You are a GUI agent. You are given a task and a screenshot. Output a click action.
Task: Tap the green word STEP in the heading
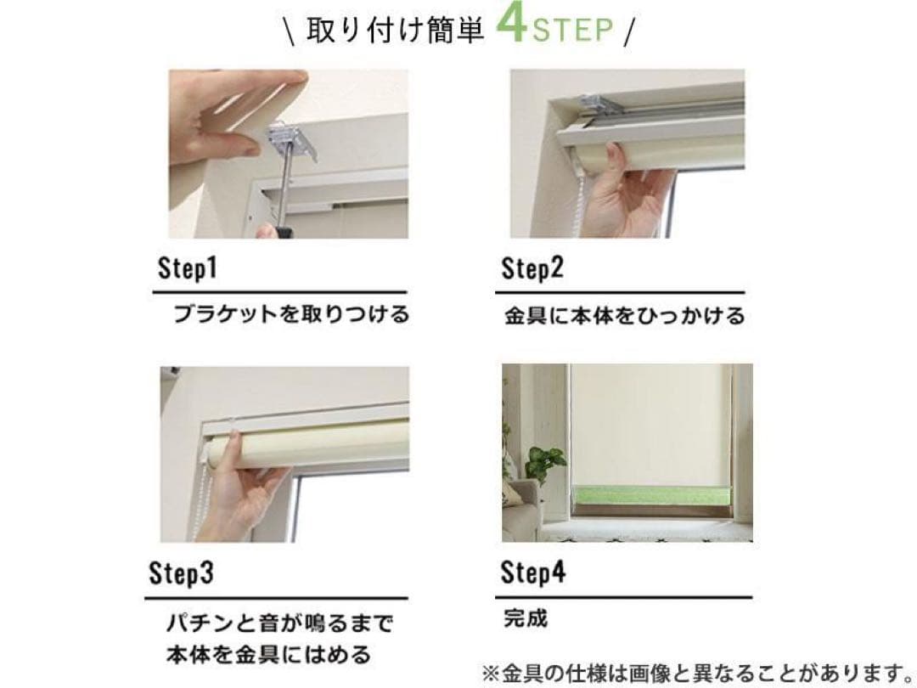point(573,30)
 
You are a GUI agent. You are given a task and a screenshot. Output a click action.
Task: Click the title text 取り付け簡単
point(396,31)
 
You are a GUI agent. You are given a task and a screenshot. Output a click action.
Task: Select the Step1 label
point(187,268)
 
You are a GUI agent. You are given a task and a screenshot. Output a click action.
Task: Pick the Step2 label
point(532,268)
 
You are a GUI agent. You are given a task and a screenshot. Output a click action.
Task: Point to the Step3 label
point(181,572)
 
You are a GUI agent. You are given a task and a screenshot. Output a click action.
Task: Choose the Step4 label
point(532,572)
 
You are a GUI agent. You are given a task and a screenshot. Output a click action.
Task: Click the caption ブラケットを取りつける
point(291,315)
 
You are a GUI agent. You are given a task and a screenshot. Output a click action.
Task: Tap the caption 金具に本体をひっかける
point(625,316)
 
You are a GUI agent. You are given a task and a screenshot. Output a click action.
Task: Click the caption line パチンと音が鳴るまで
point(279,623)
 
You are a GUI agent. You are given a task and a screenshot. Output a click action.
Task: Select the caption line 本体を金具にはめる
point(268,654)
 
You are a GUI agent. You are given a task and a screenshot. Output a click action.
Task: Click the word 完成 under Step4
point(526,618)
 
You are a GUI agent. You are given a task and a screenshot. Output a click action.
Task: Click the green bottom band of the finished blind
point(652,496)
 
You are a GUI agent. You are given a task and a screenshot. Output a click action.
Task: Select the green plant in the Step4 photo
point(544,462)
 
